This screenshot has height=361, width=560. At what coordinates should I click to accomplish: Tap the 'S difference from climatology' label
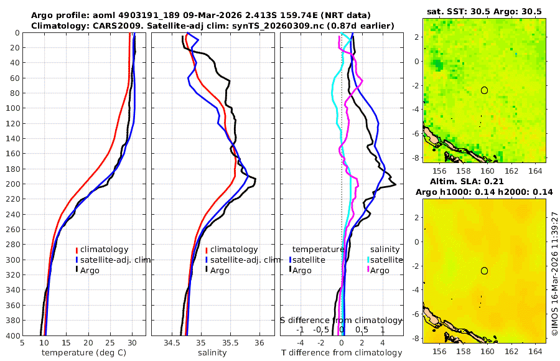point(341,320)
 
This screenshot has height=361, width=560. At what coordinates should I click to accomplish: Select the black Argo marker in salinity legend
point(206,270)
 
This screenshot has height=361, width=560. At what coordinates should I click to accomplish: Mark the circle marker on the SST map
point(484,90)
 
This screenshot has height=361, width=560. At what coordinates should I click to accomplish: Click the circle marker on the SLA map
point(484,271)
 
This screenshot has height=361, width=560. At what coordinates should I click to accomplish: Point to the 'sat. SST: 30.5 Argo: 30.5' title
point(484,12)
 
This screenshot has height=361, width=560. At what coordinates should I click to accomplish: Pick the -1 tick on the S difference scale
point(300,329)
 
